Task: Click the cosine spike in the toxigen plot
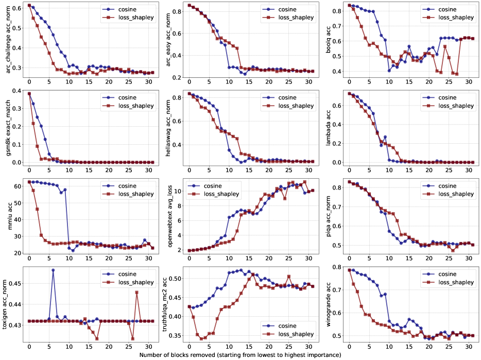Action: click(53, 270)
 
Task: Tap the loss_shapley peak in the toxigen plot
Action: click(136, 292)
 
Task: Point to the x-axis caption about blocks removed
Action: click(240, 355)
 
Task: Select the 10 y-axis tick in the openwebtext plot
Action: click(178, 191)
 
